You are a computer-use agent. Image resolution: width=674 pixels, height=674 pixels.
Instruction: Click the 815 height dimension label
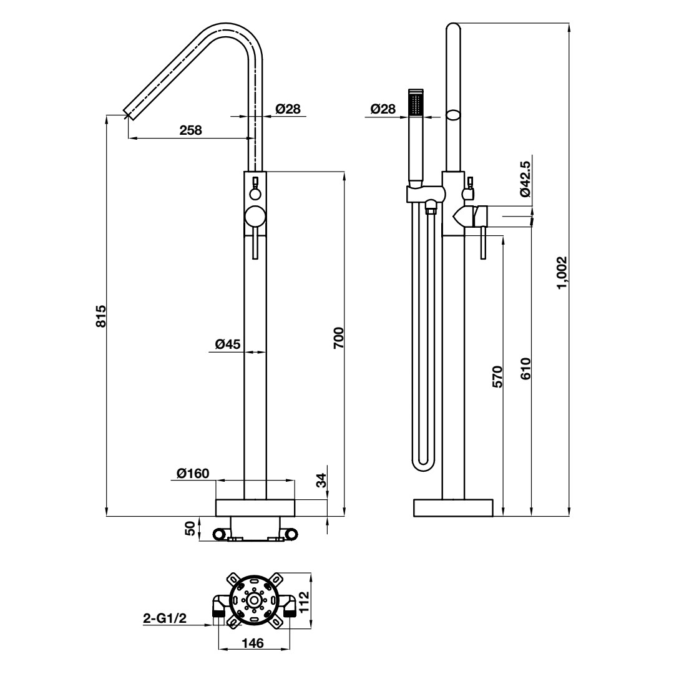(x=100, y=316)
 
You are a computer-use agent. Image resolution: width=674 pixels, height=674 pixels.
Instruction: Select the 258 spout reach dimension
(x=190, y=130)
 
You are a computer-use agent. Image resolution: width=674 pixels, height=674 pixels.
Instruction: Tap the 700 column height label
(x=339, y=338)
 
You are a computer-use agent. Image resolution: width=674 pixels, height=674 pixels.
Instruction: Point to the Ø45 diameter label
(x=228, y=344)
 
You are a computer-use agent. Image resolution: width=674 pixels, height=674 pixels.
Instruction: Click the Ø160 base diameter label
(x=193, y=473)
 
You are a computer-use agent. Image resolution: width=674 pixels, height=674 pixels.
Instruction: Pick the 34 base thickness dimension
(x=321, y=480)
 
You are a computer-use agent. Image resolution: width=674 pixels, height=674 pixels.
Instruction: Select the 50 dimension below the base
(x=190, y=528)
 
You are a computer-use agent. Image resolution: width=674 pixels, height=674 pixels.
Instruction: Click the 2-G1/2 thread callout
(x=165, y=618)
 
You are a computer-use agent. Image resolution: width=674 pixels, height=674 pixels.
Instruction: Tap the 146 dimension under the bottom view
(x=252, y=643)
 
